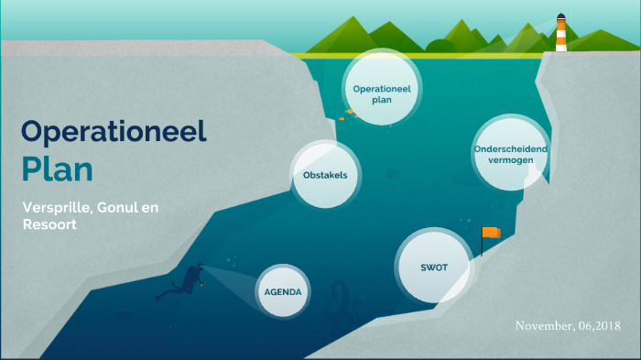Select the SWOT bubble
(x=433, y=267)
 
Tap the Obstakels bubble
(x=325, y=174)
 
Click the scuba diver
(x=185, y=281)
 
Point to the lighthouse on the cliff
(x=560, y=34)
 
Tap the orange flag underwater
(x=493, y=233)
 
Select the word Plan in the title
(x=58, y=169)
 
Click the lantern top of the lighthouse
(x=560, y=17)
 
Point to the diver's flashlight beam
(x=229, y=278)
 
